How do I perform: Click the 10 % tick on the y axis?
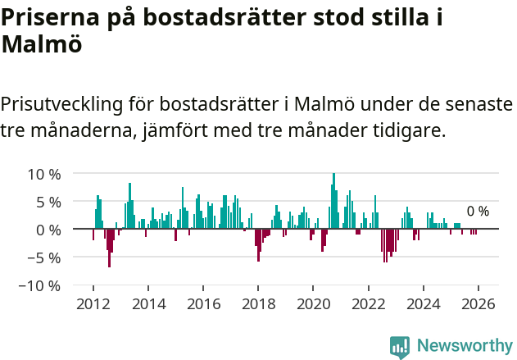point(43,174)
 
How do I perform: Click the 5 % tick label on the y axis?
point(47,202)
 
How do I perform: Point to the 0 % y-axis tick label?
point(47,230)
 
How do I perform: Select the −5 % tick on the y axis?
point(43,257)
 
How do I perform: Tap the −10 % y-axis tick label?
point(39,285)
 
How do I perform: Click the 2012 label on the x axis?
point(93,303)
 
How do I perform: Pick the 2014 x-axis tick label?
point(148,303)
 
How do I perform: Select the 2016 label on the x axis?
point(203,303)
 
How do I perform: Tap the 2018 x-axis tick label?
point(258,303)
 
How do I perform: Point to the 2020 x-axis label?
point(313,303)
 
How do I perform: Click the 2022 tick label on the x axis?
point(368,303)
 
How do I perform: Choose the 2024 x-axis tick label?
point(424,303)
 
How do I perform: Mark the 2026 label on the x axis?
point(478,303)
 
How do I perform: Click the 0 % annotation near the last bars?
point(478,212)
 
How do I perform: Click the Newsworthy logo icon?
point(400,346)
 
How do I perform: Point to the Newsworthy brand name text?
point(464,346)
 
